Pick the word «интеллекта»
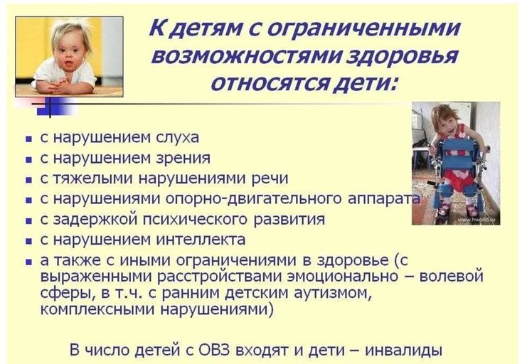(x=201, y=240)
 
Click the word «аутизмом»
(x=333, y=293)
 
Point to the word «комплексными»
(x=97, y=309)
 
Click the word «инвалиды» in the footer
(x=403, y=350)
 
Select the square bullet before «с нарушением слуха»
(x=29, y=139)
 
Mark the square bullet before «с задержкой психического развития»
(x=29, y=221)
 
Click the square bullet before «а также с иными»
(x=29, y=262)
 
